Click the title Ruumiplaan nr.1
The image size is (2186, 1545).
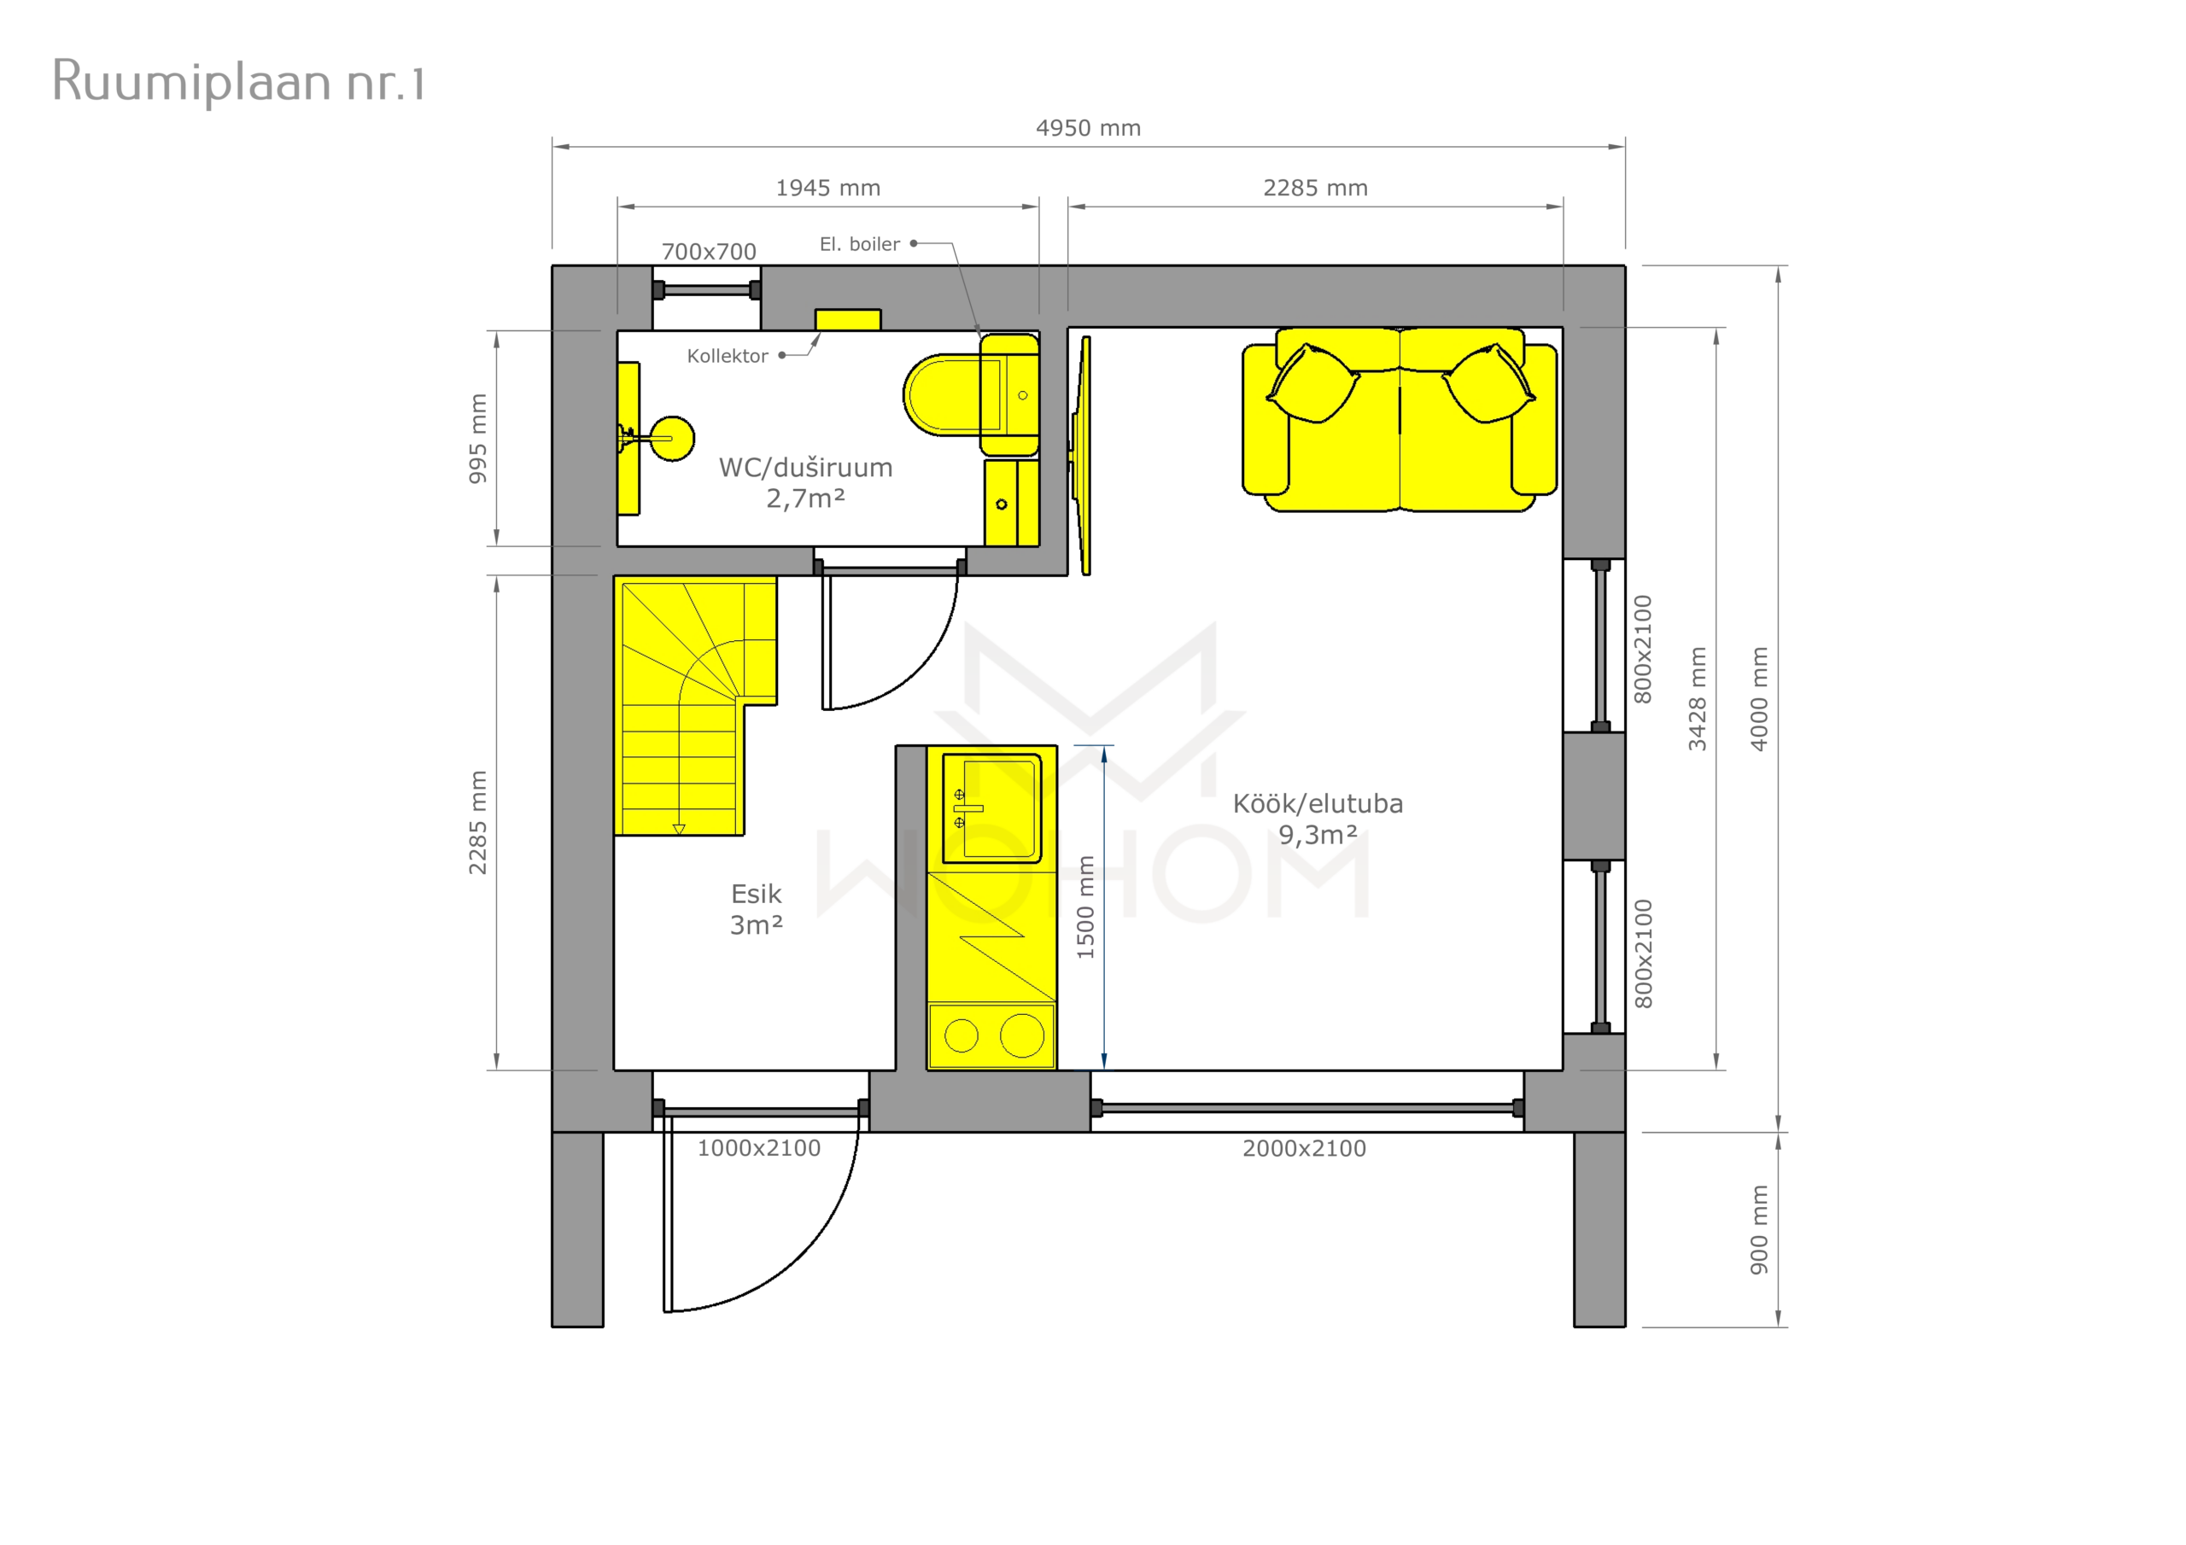point(238,81)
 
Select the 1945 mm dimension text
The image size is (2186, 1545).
point(828,189)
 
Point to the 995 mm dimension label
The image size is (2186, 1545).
point(478,438)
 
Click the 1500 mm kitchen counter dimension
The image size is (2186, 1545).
point(1085,907)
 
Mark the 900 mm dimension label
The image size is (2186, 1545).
point(1758,1230)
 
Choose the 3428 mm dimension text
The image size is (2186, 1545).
point(1697,699)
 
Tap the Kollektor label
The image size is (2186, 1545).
point(728,356)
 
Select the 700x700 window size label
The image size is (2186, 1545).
point(710,251)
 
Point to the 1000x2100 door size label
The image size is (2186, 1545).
point(759,1148)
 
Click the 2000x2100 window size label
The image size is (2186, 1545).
point(1305,1148)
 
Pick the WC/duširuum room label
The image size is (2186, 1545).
point(805,468)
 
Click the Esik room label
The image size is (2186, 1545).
point(756,894)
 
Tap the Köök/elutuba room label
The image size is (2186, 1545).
point(1318,803)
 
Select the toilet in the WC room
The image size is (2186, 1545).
point(970,394)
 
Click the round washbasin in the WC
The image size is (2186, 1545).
point(672,439)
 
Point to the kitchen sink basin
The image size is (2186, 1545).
point(992,807)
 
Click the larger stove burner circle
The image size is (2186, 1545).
point(1022,1035)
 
